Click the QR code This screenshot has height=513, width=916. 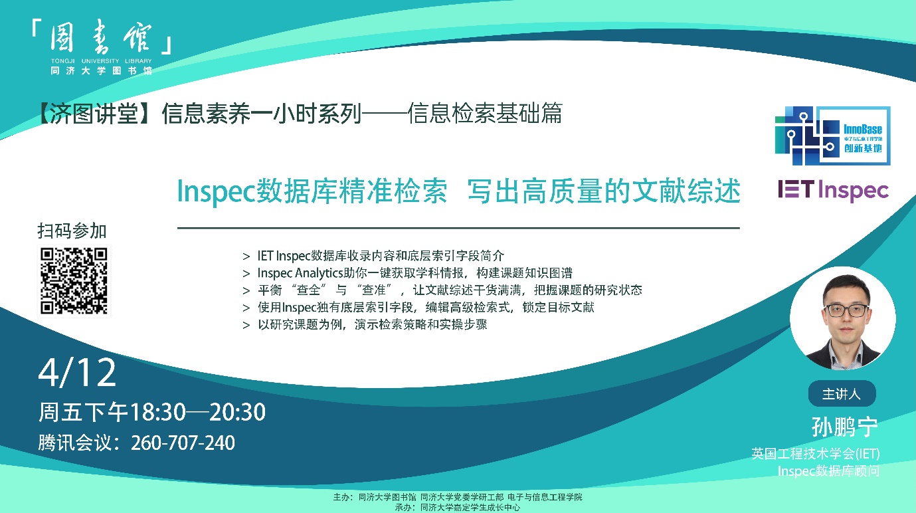(74, 280)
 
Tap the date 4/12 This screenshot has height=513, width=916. (77, 372)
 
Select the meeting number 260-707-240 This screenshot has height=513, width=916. (183, 443)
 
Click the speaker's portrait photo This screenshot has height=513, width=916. (843, 319)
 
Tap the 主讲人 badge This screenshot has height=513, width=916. (842, 393)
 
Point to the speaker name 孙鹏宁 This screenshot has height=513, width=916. (844, 427)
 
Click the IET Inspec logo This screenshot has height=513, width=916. (833, 191)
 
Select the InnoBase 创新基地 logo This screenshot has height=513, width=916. (832, 136)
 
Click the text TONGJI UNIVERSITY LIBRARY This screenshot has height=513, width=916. (102, 61)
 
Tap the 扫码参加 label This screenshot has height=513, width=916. (72, 231)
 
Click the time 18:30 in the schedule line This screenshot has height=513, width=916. (157, 412)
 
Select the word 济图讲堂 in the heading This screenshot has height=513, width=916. (94, 114)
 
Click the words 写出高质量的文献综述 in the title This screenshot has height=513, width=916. (604, 191)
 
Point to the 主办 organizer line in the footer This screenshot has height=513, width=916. (458, 496)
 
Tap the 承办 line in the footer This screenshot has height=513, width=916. (458, 507)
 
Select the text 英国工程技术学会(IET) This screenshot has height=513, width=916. (816, 454)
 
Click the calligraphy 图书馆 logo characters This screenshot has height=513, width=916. (101, 38)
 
